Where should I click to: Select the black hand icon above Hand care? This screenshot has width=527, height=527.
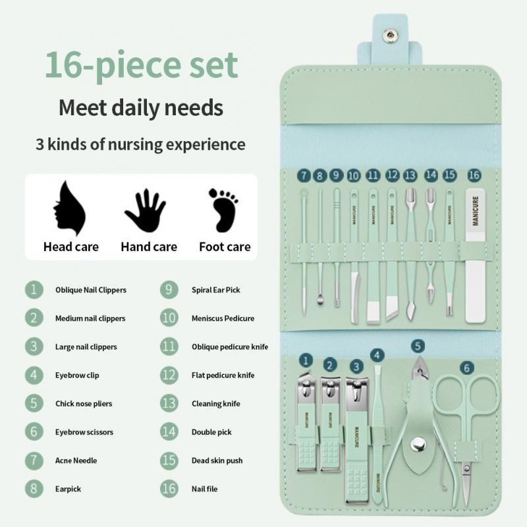coord(145,211)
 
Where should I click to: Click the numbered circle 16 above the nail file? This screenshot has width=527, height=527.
coord(474,175)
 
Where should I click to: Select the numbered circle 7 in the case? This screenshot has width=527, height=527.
coord(304,175)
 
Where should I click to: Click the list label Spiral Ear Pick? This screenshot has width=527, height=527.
coord(216,290)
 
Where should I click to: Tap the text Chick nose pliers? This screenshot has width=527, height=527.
coord(84,404)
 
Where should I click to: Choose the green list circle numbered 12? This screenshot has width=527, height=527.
coord(169,375)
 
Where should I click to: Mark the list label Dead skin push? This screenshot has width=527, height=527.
coord(217,460)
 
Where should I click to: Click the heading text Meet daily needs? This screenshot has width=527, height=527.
coord(141,107)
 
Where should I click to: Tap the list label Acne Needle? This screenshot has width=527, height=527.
coord(76,460)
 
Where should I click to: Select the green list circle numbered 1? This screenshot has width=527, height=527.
coord(34,290)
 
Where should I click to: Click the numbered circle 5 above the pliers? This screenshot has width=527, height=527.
coord(418,345)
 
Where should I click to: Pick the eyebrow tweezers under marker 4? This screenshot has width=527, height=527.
coord(378,422)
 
